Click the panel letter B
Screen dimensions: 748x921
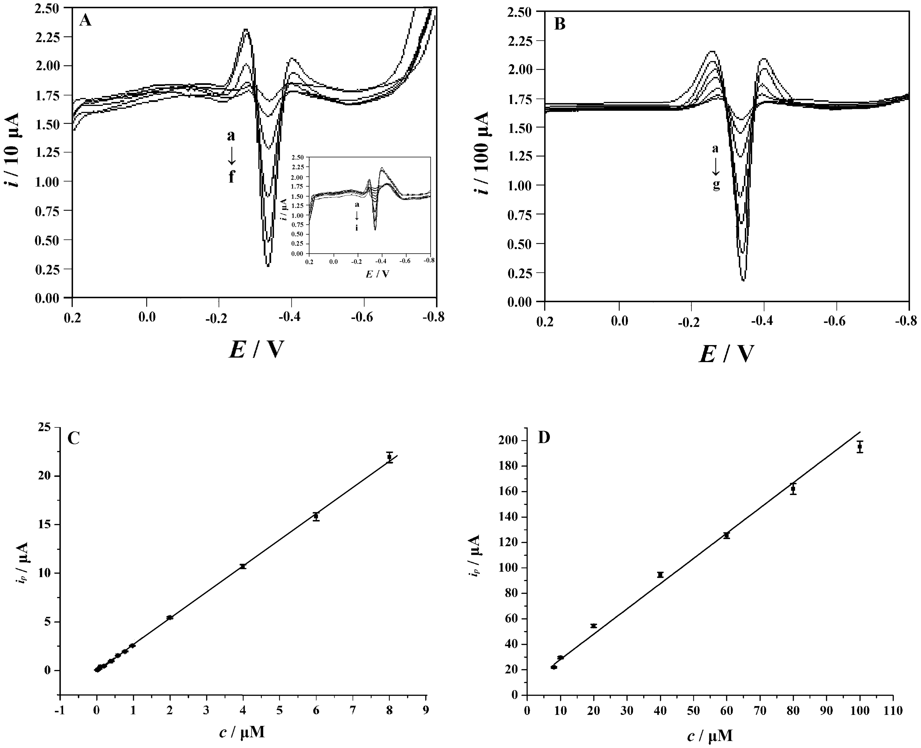(x=559, y=24)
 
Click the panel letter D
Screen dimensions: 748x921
(x=544, y=438)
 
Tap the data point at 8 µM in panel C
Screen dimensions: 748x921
(x=389, y=457)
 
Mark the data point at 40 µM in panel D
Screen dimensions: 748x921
(x=660, y=575)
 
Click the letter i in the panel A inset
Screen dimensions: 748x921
(x=356, y=228)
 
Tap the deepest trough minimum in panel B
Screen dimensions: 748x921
(x=743, y=280)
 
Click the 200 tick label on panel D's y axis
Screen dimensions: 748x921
(x=508, y=440)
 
